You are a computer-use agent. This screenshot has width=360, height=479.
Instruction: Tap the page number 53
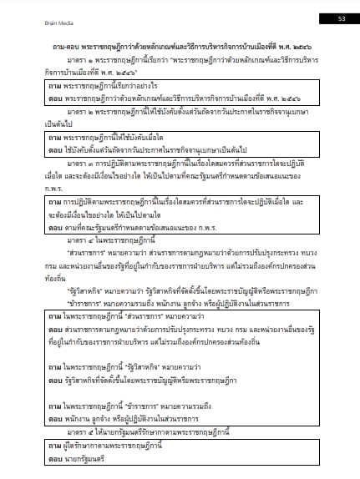point(341,18)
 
